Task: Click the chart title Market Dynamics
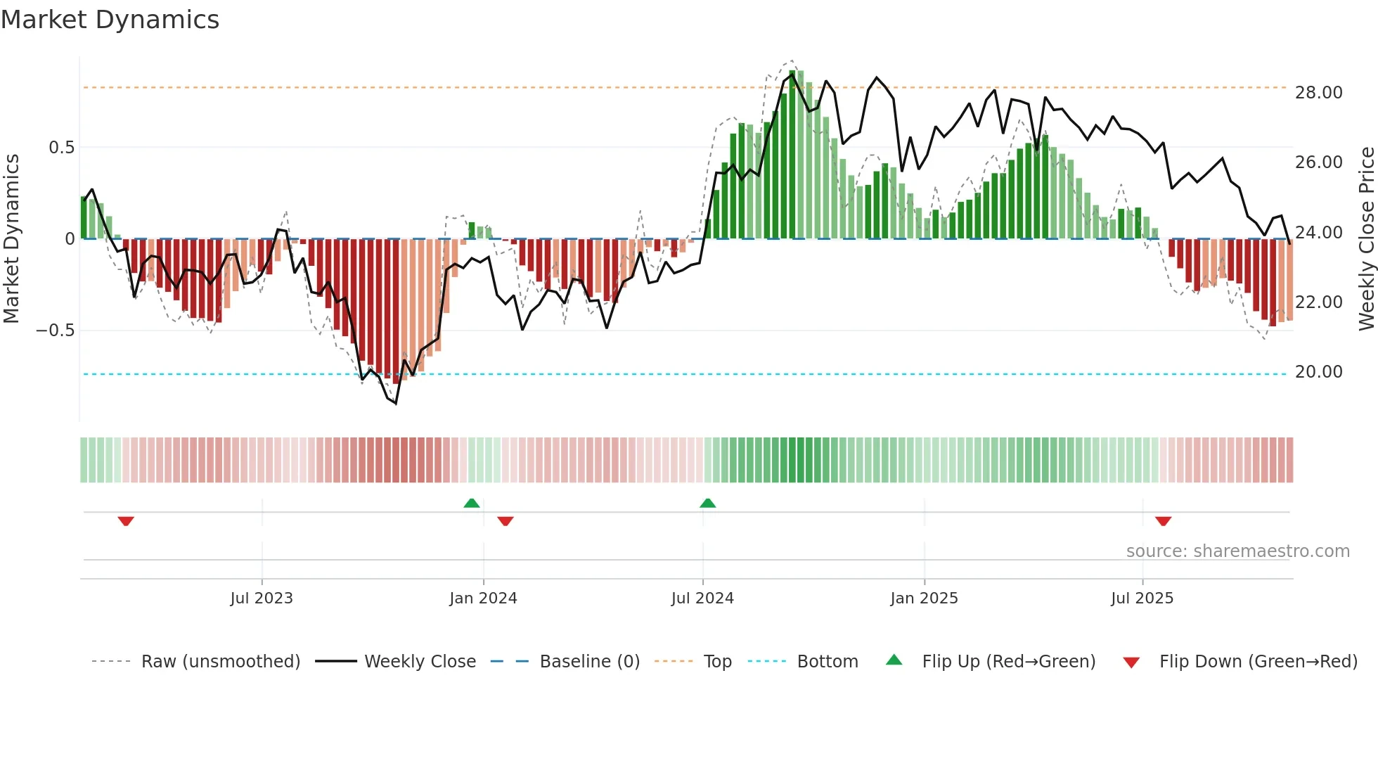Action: pos(110,20)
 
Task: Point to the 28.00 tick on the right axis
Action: pos(1318,93)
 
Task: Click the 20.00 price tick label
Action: pos(1318,372)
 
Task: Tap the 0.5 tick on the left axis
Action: pos(61,148)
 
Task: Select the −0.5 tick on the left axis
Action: pos(56,331)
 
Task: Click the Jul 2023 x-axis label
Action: pos(262,598)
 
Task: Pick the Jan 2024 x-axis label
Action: pos(483,598)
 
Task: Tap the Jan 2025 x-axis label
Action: pos(924,598)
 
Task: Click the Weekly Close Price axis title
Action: pos(1366,239)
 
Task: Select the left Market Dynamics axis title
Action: pos(11,239)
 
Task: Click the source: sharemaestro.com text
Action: pos(1237,551)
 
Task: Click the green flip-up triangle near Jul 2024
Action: pos(708,504)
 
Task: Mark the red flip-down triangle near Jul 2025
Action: pos(1163,521)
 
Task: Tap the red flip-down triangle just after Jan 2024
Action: pos(506,521)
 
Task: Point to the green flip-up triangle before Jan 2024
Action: pos(472,504)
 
